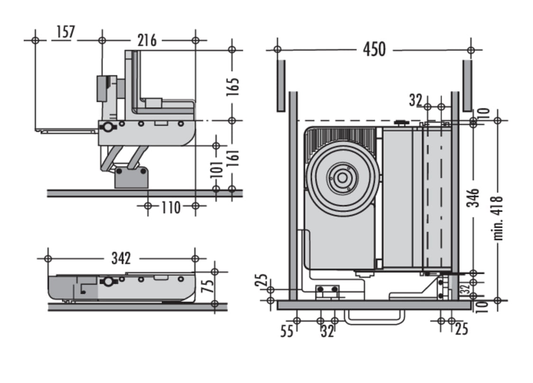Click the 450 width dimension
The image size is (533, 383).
(x=374, y=49)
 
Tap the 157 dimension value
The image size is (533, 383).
(x=65, y=32)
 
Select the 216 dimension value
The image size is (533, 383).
(x=147, y=40)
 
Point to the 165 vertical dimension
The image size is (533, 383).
(x=232, y=87)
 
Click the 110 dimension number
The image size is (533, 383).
(x=171, y=207)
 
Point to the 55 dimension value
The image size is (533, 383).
(x=286, y=330)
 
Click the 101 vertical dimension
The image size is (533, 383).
(x=216, y=168)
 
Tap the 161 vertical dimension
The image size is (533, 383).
(x=232, y=161)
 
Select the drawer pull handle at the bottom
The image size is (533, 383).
(x=375, y=317)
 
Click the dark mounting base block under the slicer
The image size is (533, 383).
(x=131, y=177)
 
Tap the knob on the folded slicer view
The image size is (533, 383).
(x=108, y=281)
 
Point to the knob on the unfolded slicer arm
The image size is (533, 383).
(x=109, y=127)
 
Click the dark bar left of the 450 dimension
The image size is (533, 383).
(x=281, y=85)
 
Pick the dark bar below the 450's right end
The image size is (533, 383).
(x=467, y=85)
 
